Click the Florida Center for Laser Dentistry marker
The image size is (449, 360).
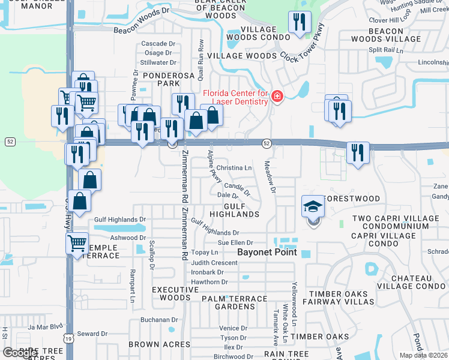pos(277,97)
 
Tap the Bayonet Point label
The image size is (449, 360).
pos(267,252)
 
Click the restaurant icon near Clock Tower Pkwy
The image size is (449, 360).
pos(299,23)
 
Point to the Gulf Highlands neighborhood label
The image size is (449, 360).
pos(234,210)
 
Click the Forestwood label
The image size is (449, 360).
pos(351,199)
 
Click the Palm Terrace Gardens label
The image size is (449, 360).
pos(235,302)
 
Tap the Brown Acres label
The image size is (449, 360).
pos(160,344)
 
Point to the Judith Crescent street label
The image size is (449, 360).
pos(214,263)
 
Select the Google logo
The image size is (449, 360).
pos(20,353)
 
